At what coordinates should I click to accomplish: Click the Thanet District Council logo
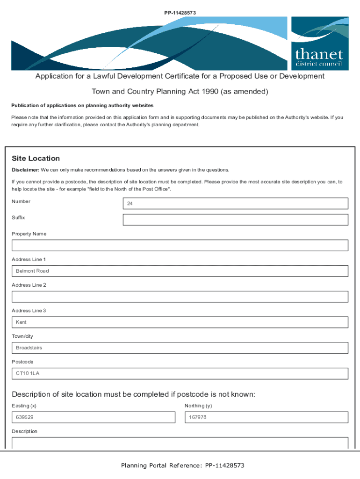[320, 44]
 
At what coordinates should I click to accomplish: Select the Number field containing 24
[235, 203]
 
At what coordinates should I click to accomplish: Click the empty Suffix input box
[235, 220]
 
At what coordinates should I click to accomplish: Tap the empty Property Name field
[180, 246]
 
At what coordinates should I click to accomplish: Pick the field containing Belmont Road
[180, 271]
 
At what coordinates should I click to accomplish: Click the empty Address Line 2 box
[180, 297]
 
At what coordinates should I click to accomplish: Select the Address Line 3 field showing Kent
[180, 322]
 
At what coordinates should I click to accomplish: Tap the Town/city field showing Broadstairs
[180, 348]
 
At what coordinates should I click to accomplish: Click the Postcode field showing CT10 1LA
[180, 373]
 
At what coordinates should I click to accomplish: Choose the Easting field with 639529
[94, 417]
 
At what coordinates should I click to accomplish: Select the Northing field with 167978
[266, 417]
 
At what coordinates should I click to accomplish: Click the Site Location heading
[36, 159]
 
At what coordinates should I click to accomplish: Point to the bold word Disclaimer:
[25, 170]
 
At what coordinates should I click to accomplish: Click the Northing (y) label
[198, 406]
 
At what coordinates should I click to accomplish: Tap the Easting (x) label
[24, 406]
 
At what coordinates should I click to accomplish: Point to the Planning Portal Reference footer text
[182, 465]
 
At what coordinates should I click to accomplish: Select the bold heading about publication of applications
[82, 106]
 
